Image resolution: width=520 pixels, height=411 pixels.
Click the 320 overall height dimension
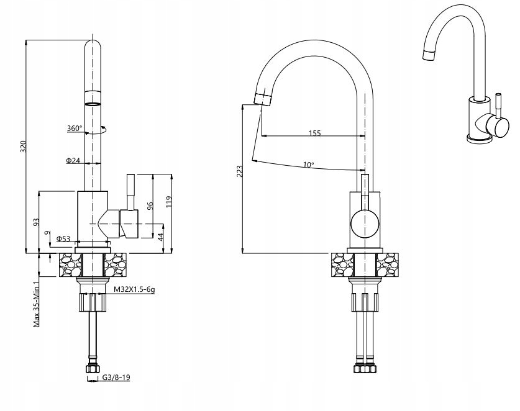(x=24, y=147)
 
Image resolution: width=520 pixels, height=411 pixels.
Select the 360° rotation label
(x=75, y=129)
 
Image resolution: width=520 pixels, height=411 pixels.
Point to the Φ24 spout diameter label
(x=73, y=160)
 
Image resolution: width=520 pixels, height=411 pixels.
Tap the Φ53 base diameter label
(x=63, y=238)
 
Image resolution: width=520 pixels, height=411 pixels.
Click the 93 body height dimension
(x=37, y=221)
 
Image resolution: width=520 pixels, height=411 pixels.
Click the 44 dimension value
(x=160, y=238)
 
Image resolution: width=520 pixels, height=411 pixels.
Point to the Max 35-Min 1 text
(x=37, y=304)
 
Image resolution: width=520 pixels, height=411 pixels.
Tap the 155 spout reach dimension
(x=314, y=133)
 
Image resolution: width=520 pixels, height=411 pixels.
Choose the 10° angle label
(x=308, y=165)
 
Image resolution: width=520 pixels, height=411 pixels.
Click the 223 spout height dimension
(x=239, y=171)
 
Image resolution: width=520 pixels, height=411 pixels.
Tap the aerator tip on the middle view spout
(x=264, y=97)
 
